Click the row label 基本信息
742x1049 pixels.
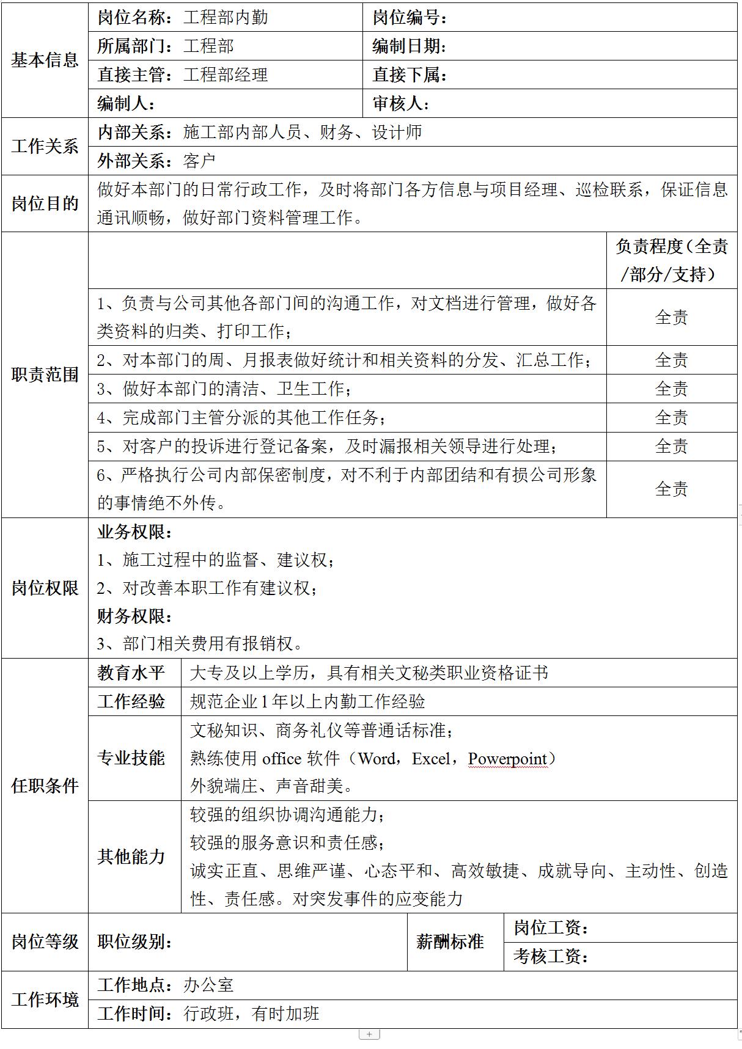click(45, 60)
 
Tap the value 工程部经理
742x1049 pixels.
click(226, 75)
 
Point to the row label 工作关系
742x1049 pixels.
click(45, 147)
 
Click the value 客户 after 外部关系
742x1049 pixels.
click(199, 161)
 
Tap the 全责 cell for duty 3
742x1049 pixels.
click(671, 389)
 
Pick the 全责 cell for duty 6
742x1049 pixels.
click(671, 489)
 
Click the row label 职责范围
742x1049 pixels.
click(45, 375)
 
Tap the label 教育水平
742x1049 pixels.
click(131, 673)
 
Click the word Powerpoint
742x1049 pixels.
click(507, 759)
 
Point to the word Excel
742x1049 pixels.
click(432, 759)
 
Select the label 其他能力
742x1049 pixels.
click(131, 857)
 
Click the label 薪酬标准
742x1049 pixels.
click(450, 941)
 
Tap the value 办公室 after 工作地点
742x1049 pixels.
click(208, 985)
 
